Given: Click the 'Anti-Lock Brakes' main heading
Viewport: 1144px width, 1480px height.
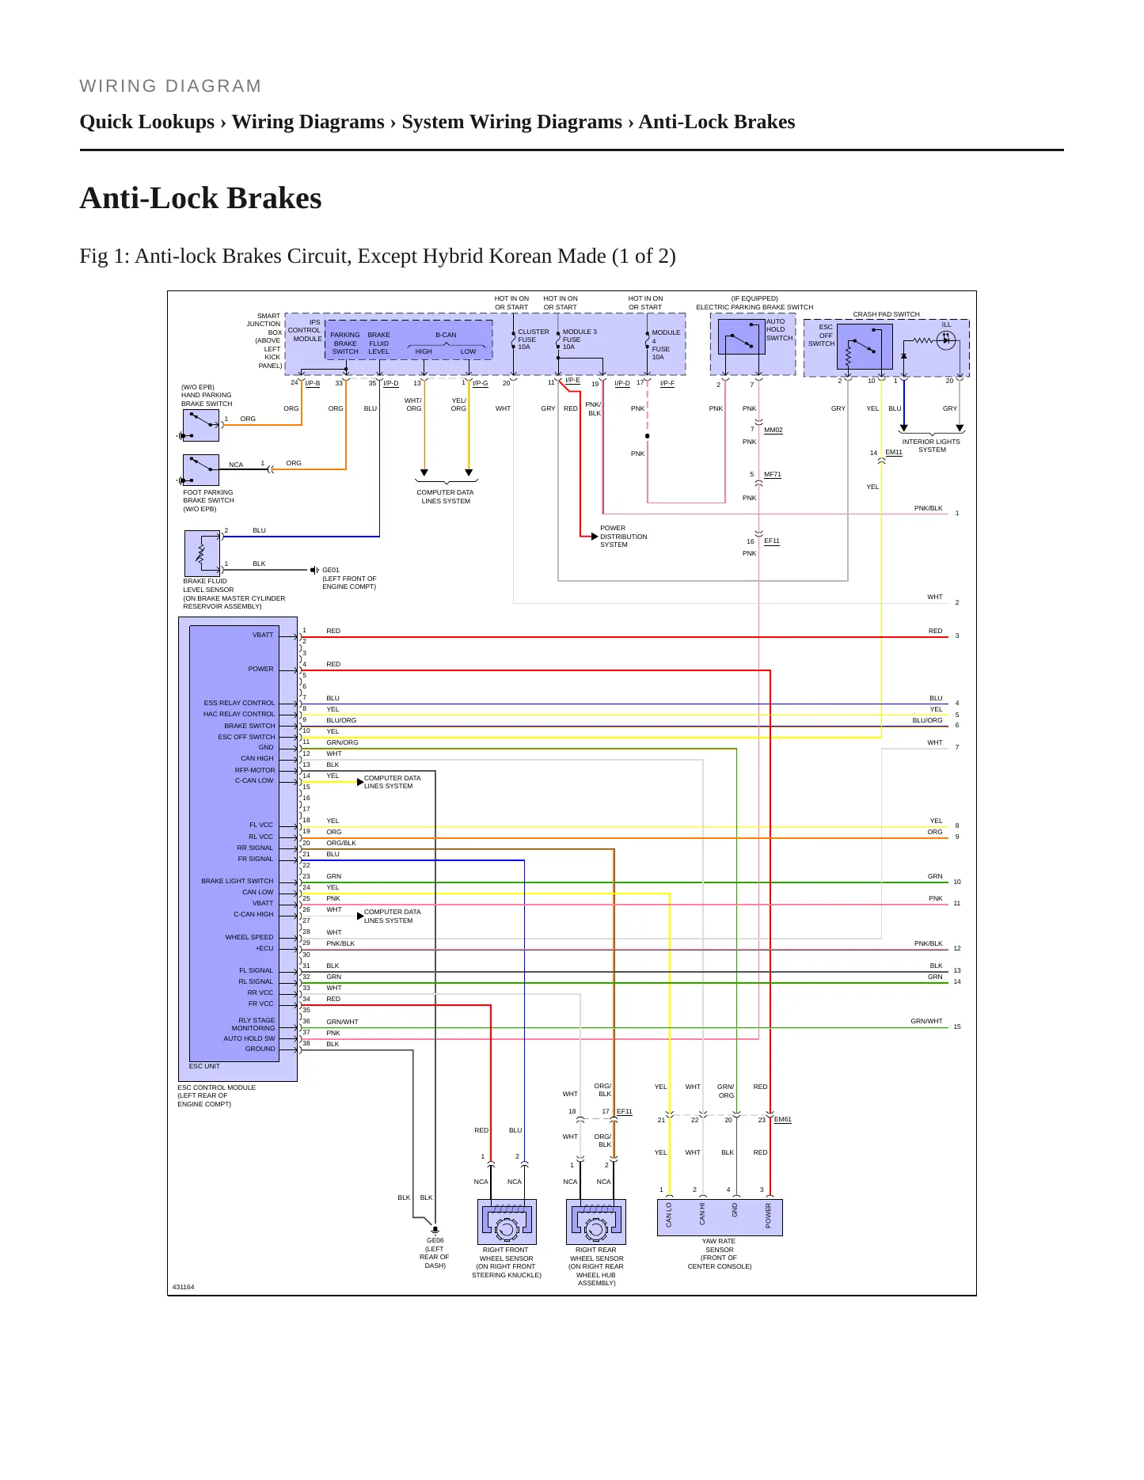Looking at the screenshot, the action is coord(200,198).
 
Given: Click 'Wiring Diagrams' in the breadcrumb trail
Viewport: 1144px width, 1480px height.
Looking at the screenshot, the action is coord(308,122).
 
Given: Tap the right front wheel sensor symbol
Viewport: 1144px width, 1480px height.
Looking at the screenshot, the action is coord(507,1221).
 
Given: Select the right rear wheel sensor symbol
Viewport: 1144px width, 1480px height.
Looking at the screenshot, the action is coord(596,1221).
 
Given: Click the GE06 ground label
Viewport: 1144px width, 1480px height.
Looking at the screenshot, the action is coord(435,1240).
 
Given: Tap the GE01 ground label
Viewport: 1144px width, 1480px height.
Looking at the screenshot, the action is coord(331,570).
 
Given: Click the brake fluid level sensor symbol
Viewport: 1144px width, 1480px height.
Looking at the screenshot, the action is coord(202,552).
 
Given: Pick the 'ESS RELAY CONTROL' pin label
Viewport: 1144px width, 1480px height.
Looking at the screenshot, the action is coord(239,703).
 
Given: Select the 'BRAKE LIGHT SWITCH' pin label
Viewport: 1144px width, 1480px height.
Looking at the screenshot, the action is coord(238,881).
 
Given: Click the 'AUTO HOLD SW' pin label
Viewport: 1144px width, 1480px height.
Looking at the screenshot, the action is coord(249,1038).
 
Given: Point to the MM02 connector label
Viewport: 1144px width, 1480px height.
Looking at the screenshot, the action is coord(773,431).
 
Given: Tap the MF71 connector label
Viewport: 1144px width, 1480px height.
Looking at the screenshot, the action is coord(773,475).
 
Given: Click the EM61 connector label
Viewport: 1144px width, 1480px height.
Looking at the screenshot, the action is coord(783,1119).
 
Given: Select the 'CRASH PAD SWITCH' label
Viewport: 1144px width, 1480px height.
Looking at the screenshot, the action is coord(887,314).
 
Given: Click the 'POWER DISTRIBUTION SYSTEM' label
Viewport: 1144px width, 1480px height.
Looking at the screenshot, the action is coord(623,537).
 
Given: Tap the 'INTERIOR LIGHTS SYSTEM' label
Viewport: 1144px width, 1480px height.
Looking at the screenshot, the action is coord(931,446).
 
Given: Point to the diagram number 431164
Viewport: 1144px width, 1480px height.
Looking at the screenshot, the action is coord(183,1287).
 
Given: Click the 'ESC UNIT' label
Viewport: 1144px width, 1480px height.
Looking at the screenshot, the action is coord(204,1066).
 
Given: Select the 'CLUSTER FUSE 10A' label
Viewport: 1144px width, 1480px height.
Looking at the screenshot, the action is coord(533,340).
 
